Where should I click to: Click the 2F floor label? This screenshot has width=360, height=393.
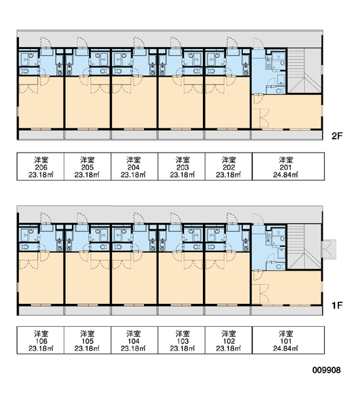click(x=336, y=136)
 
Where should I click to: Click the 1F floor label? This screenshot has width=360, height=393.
click(x=336, y=305)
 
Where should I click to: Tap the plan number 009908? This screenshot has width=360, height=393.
click(x=327, y=370)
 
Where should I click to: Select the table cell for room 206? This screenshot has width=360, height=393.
click(x=41, y=166)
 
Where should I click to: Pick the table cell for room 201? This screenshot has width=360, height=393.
click(x=288, y=166)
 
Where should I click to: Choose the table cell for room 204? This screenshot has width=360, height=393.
click(x=134, y=166)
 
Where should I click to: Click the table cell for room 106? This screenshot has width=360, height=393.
click(x=41, y=340)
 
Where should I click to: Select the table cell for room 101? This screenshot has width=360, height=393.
click(x=288, y=340)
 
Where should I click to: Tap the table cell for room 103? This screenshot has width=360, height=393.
click(x=181, y=340)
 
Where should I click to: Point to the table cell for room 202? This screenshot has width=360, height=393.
click(x=228, y=166)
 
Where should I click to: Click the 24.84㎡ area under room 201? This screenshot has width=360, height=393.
click(x=285, y=175)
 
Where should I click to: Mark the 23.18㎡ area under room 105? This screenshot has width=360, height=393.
click(x=86, y=348)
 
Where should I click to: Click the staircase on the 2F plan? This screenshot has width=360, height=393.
click(x=304, y=71)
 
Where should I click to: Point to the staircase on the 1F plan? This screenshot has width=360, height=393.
click(x=304, y=247)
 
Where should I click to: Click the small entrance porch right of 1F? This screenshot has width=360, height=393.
click(x=329, y=250)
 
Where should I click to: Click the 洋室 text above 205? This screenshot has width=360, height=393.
click(x=87, y=160)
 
